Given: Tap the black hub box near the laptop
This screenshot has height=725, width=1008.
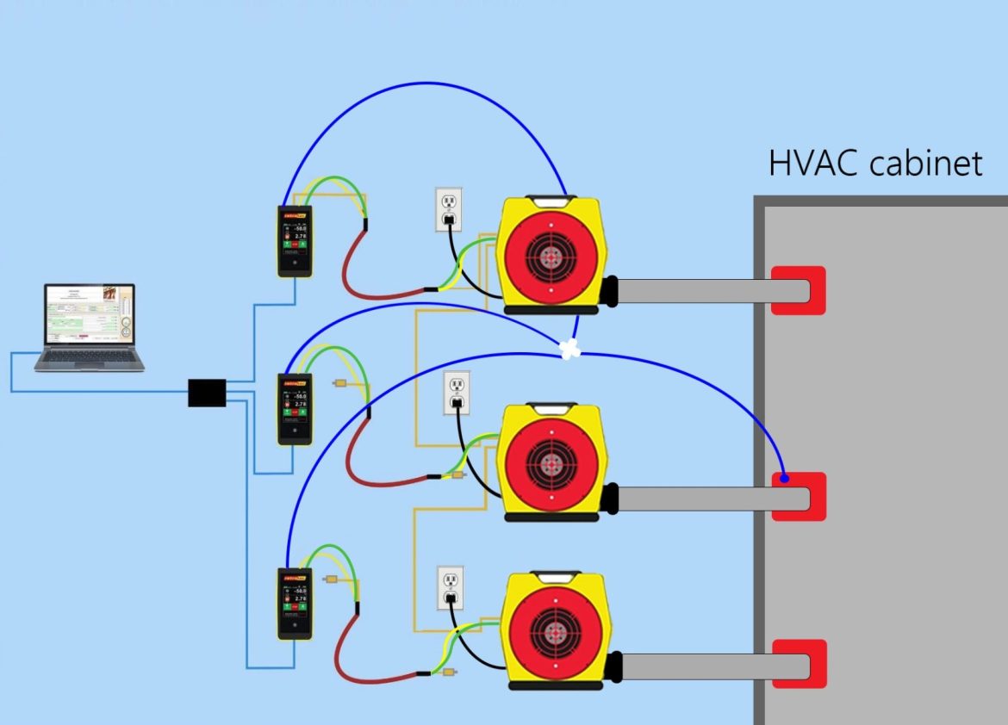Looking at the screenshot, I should click(207, 392).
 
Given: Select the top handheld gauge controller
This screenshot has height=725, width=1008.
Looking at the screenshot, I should click(295, 241).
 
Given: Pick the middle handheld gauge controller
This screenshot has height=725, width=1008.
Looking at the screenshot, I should click(295, 408).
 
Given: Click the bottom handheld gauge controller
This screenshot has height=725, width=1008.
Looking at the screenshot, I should click(295, 603).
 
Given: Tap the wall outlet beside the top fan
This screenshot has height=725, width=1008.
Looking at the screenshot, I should click(449, 210).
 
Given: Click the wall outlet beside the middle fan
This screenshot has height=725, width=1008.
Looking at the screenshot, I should click(457, 393).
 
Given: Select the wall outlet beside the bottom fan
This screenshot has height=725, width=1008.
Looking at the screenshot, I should click(450, 588).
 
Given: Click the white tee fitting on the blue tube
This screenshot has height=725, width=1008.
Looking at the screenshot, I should click(568, 349).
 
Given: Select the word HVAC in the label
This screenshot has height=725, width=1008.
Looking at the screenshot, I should click(812, 162).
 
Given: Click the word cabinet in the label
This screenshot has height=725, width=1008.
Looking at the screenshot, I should click(926, 162).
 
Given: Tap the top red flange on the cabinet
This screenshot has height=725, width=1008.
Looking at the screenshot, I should click(798, 290).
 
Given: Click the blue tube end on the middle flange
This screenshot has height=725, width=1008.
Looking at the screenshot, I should click(784, 478).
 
